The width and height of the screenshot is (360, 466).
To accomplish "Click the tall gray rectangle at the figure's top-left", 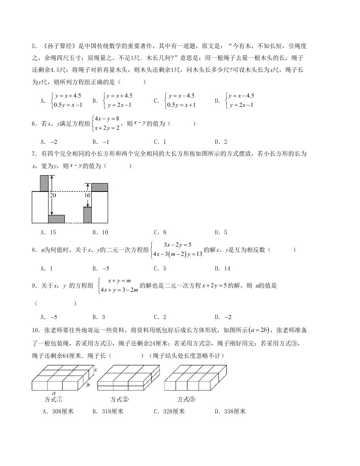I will point(44,183).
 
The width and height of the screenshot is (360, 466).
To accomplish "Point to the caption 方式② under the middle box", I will point(119,399).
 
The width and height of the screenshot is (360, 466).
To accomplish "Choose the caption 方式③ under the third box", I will point(186,399).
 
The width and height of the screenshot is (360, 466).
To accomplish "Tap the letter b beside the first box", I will point(88,385).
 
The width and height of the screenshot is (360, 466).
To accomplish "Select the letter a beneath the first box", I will point(53,392).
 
